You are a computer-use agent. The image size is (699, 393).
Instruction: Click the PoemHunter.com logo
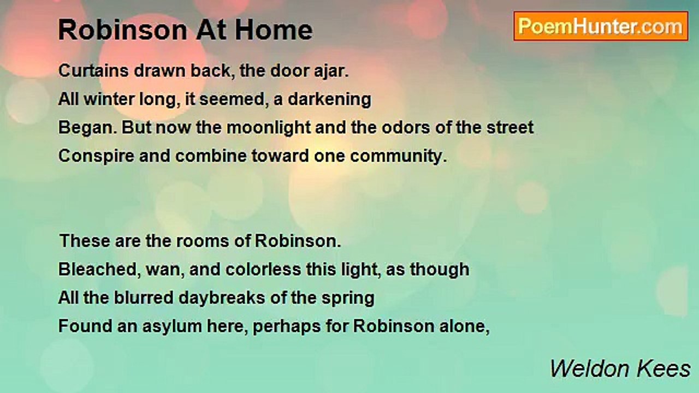(x=601, y=26)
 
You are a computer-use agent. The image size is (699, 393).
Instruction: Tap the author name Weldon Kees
(x=620, y=369)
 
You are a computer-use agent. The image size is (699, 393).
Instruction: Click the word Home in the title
(x=274, y=30)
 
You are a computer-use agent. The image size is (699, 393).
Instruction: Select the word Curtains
(x=93, y=71)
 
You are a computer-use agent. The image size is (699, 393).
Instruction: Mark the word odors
(x=406, y=128)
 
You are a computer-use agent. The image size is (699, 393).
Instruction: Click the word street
(x=510, y=128)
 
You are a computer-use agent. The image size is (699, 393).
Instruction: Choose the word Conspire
(x=96, y=156)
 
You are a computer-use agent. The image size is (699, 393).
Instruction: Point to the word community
(x=399, y=156)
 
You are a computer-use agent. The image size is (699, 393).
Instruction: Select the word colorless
(x=263, y=270)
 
